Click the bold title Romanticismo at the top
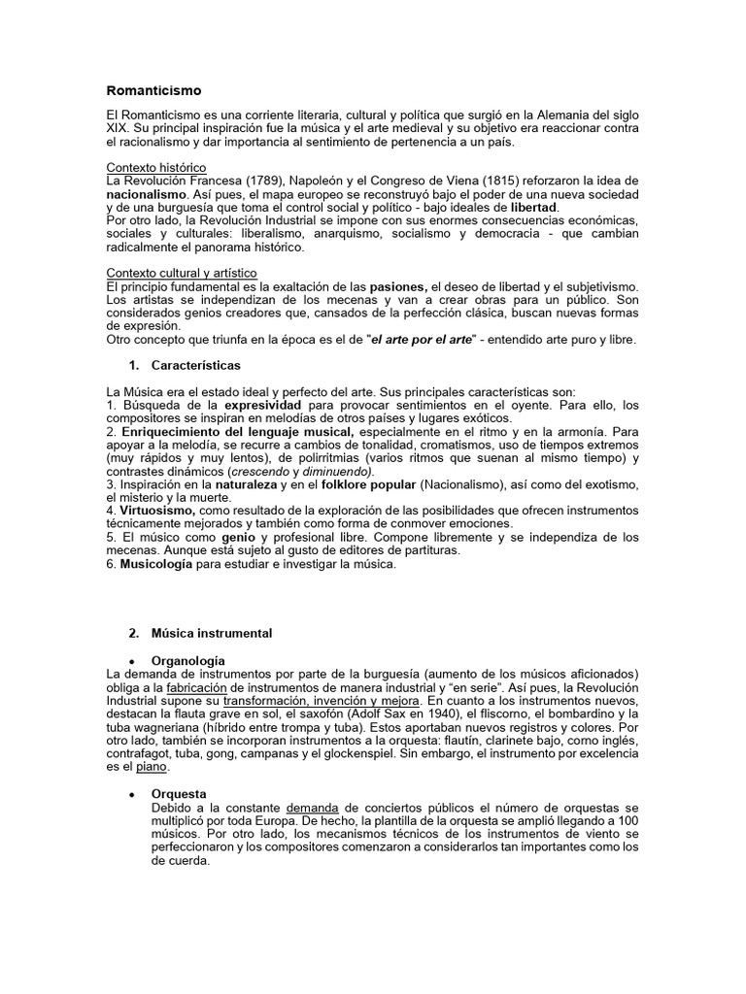153,90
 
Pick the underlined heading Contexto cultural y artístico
182,274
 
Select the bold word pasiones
398,286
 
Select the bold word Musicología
155,566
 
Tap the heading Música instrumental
211,633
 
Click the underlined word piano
152,767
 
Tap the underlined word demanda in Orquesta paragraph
312,807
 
